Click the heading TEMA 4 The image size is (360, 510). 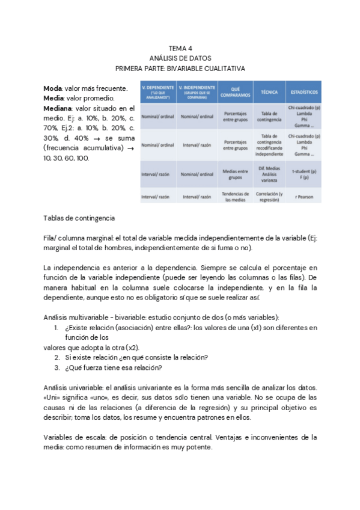coord(180,49)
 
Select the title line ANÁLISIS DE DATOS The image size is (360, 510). coord(180,58)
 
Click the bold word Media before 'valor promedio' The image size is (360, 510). coord(55,98)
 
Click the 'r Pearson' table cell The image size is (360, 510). coord(304,197)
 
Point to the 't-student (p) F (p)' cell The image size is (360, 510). coord(304,174)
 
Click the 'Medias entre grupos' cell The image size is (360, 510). coord(236,174)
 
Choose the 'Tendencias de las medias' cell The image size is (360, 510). coord(236,197)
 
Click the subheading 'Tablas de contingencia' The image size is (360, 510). coord(80,218)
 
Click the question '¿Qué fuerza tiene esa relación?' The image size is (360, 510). coord(114,368)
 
